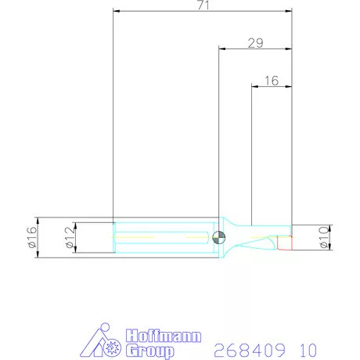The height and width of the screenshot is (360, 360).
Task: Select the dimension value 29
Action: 254,44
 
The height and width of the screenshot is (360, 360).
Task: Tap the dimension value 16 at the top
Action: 272,81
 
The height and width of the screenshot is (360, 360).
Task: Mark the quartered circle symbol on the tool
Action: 221,236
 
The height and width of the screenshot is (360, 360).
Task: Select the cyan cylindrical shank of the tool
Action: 164,236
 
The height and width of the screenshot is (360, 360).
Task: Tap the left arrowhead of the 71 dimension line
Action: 117,11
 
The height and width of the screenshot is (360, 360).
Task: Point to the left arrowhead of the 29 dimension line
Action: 221,49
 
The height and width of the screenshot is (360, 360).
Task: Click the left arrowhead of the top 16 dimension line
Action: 254,86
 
